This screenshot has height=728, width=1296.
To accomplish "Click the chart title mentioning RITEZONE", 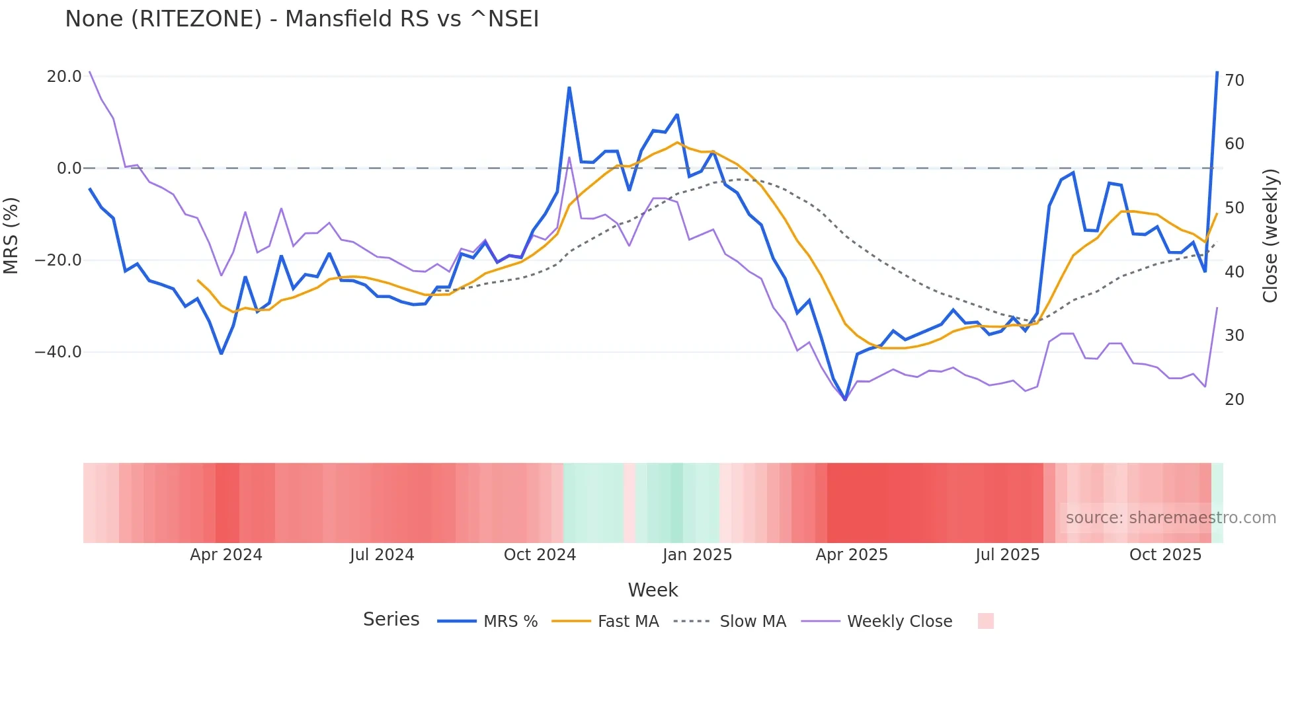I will click(x=302, y=19).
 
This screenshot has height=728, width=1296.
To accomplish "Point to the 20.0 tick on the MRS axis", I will click(x=64, y=77).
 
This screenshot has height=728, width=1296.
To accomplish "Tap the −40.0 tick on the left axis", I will click(x=58, y=352).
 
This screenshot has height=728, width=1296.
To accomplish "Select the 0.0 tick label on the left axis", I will click(x=69, y=168).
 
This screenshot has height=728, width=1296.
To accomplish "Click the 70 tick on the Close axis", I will click(x=1234, y=81).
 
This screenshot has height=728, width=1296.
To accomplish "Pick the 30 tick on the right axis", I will click(x=1234, y=336).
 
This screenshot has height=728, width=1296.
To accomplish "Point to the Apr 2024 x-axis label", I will click(x=226, y=555).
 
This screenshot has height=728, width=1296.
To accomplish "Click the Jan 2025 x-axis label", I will click(x=697, y=555).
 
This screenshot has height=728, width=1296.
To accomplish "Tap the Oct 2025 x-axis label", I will click(x=1165, y=555).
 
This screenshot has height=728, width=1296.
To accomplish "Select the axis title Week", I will click(x=653, y=590).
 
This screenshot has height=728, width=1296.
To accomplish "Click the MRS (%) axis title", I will click(x=11, y=235).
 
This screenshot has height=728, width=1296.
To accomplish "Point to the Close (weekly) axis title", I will click(x=1270, y=236).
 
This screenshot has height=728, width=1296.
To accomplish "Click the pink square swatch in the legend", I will click(x=985, y=621).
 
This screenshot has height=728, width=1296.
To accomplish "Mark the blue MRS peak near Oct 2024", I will click(x=569, y=87).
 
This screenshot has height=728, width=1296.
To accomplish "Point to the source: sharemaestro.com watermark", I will click(x=1170, y=518).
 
